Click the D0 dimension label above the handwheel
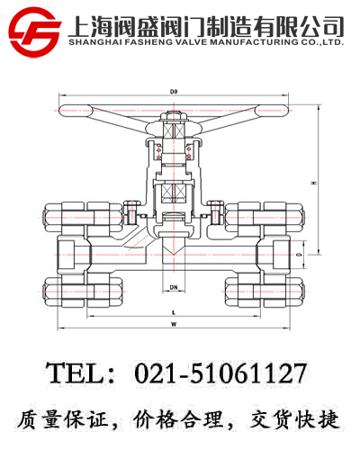click(173, 91)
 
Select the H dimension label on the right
click(313, 183)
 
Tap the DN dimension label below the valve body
click(173, 288)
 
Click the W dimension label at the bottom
click(173, 323)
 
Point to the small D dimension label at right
click(300, 256)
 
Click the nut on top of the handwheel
click(174, 117)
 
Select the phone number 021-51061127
click(220, 373)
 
